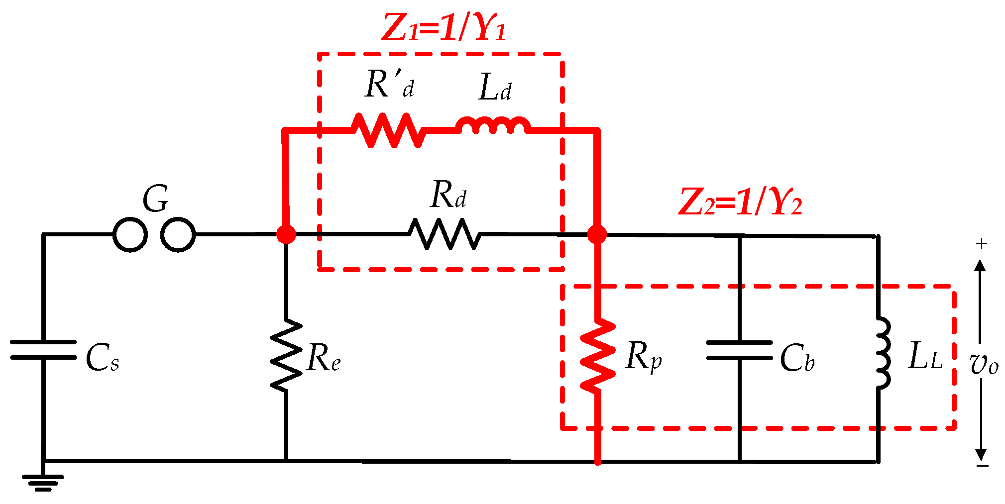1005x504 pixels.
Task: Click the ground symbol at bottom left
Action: tap(43, 482)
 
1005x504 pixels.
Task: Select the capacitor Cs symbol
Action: tap(43, 350)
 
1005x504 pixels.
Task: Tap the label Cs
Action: tap(103, 358)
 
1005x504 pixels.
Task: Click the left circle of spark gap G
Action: tap(130, 234)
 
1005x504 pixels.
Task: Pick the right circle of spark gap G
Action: tap(178, 234)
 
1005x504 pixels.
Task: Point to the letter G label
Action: tap(156, 199)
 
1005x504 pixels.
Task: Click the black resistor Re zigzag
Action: tap(286, 355)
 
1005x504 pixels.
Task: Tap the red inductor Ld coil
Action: tap(493, 126)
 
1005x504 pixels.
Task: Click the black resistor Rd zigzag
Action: tap(445, 234)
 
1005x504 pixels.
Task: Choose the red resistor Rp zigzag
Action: tap(598, 355)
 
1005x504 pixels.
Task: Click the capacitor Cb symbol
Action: tap(739, 350)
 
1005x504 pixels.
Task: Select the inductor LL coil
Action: tap(882, 352)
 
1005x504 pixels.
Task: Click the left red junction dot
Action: tap(286, 234)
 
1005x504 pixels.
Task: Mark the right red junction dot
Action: tap(597, 234)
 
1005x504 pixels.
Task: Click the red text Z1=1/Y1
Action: tap(444, 28)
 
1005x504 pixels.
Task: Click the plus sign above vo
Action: tap(981, 243)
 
